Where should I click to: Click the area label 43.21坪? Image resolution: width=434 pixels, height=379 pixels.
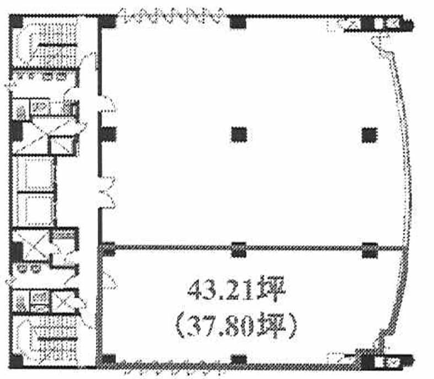tap(237, 290)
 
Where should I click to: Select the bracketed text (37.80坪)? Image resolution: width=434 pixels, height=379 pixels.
tap(236, 327)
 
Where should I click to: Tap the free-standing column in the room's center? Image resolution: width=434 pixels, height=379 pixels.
tap(239, 135)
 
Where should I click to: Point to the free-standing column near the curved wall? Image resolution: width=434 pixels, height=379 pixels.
tap(370, 135)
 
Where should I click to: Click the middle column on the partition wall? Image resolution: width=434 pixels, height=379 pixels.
tap(239, 250)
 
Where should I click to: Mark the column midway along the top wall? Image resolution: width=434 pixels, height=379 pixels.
tap(238, 22)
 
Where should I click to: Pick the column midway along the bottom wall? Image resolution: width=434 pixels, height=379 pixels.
tap(239, 360)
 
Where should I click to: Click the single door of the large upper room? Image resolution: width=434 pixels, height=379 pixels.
tap(107, 104)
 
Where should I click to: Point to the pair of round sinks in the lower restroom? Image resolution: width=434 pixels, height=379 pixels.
tap(29, 268)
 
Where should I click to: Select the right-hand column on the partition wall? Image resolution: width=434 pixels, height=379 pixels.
tap(370, 250)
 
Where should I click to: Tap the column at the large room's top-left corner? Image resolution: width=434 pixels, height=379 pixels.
tap(107, 22)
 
